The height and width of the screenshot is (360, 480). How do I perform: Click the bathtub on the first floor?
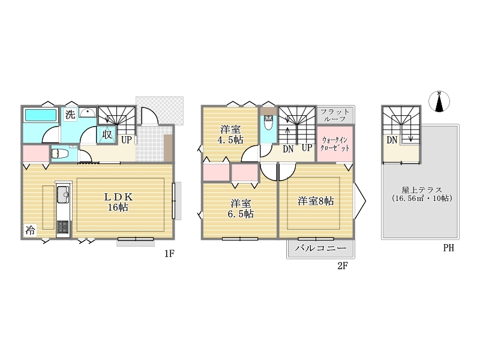(41, 115)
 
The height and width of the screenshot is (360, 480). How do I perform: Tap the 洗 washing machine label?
(70, 115)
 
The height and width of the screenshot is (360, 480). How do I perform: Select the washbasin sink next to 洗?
(88, 112)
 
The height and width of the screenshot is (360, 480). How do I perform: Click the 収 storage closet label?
(107, 134)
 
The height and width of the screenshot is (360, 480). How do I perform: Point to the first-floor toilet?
(61, 153)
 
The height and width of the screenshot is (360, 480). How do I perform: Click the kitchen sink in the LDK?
(64, 194)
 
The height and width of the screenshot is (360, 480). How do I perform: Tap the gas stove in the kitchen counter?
(64, 227)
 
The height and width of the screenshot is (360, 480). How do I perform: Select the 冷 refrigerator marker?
(30, 230)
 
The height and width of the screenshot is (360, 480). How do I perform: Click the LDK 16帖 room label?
(118, 202)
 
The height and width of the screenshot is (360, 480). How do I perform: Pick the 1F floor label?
(169, 253)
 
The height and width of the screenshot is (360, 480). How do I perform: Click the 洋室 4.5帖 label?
(230, 134)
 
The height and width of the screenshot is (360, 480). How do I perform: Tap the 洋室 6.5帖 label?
(241, 208)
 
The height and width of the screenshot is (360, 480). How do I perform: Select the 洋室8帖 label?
(316, 201)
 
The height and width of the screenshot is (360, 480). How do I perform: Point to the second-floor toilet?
(268, 122)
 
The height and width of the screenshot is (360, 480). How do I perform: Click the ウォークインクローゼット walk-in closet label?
(335, 144)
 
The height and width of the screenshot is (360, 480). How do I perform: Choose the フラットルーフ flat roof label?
(335, 115)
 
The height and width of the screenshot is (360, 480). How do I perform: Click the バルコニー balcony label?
(320, 248)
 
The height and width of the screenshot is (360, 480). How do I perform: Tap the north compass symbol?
(439, 101)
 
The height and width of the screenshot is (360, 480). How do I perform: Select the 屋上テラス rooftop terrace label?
(422, 194)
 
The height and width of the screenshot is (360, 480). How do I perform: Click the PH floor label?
(448, 248)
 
